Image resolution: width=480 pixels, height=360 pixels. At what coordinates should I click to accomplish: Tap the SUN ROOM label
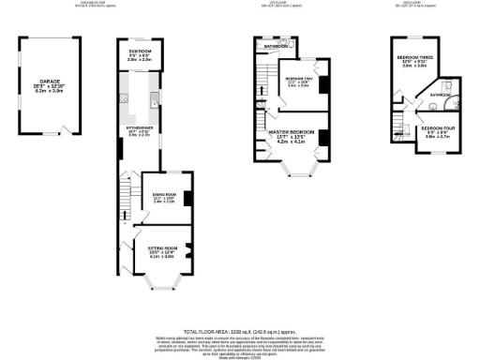pyautogui.click(x=141, y=54)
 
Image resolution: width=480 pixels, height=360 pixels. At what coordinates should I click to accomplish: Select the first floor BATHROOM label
pyautogui.click(x=276, y=46)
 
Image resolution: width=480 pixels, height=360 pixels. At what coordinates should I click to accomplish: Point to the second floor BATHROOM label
pyautogui.click(x=440, y=95)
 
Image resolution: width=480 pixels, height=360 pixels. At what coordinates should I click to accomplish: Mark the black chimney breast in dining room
pyautogui.click(x=188, y=197)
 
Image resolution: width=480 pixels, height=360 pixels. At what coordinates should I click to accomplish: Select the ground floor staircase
pyautogui.click(x=122, y=197)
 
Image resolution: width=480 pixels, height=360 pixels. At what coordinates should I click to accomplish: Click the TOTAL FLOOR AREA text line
pyautogui.click(x=239, y=331)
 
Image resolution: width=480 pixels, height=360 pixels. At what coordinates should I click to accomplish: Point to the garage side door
pyautogui.click(x=64, y=129)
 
